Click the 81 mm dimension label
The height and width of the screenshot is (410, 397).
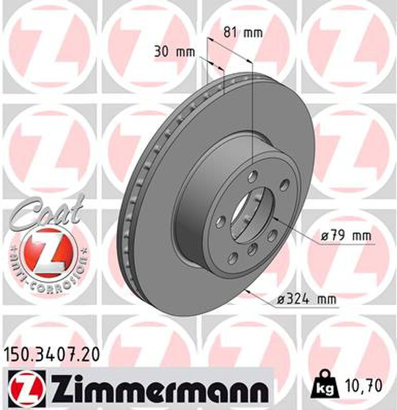243,32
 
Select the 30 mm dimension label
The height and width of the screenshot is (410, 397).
175,52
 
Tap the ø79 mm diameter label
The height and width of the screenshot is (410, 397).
346,236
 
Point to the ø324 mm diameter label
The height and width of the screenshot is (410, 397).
306,299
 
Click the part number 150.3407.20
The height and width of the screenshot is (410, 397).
51,355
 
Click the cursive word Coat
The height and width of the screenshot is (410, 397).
46,212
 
